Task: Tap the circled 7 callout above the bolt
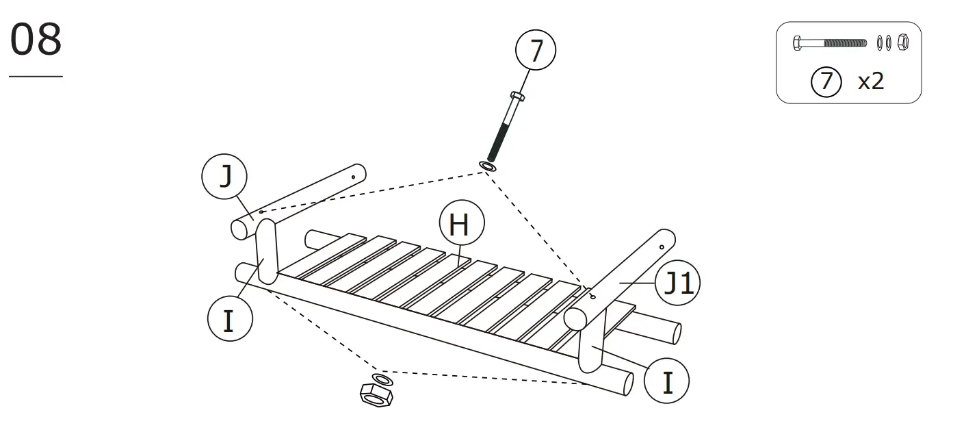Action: pos(535,51)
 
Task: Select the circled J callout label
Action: pos(224,177)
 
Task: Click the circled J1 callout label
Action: pos(678,283)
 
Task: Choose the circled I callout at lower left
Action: pos(229,319)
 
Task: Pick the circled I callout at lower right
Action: pos(667,381)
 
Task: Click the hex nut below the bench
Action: pos(376,396)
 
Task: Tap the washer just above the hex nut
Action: pos(382,379)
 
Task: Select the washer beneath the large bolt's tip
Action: pos(488,166)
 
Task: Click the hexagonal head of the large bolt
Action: pos(518,97)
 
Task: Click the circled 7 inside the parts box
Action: pos(826,81)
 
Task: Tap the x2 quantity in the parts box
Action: pos(870,81)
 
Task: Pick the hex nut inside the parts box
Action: pos(902,42)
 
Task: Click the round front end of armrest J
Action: pos(240,229)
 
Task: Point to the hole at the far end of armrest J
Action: pos(353,175)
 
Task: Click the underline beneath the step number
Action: pos(36,76)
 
